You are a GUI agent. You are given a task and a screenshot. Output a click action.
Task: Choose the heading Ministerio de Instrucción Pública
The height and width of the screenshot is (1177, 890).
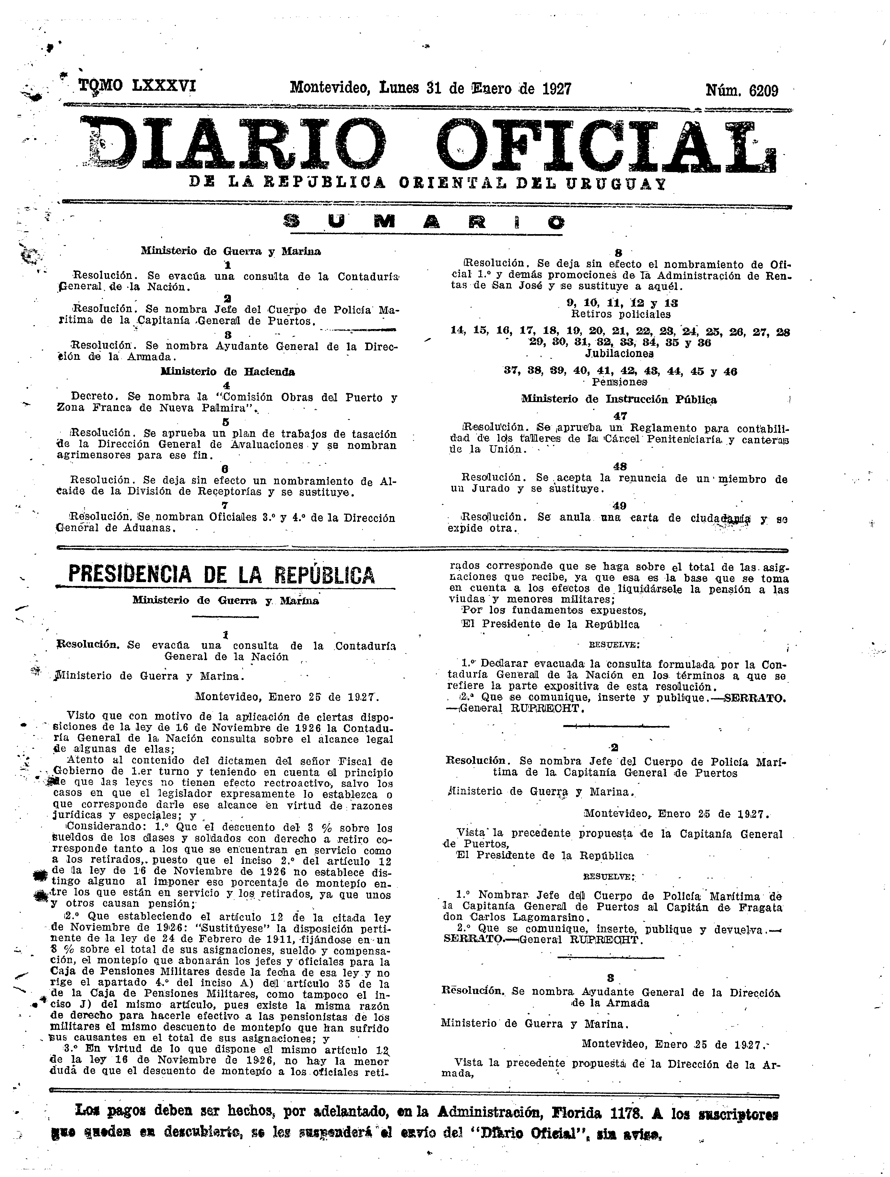[619, 399]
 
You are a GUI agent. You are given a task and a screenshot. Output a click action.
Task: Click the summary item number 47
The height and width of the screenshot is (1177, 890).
[620, 415]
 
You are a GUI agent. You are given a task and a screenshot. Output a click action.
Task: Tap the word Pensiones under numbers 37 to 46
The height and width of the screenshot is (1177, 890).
[619, 382]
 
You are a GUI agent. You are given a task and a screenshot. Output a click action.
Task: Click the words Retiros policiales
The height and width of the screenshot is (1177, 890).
[620, 314]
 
